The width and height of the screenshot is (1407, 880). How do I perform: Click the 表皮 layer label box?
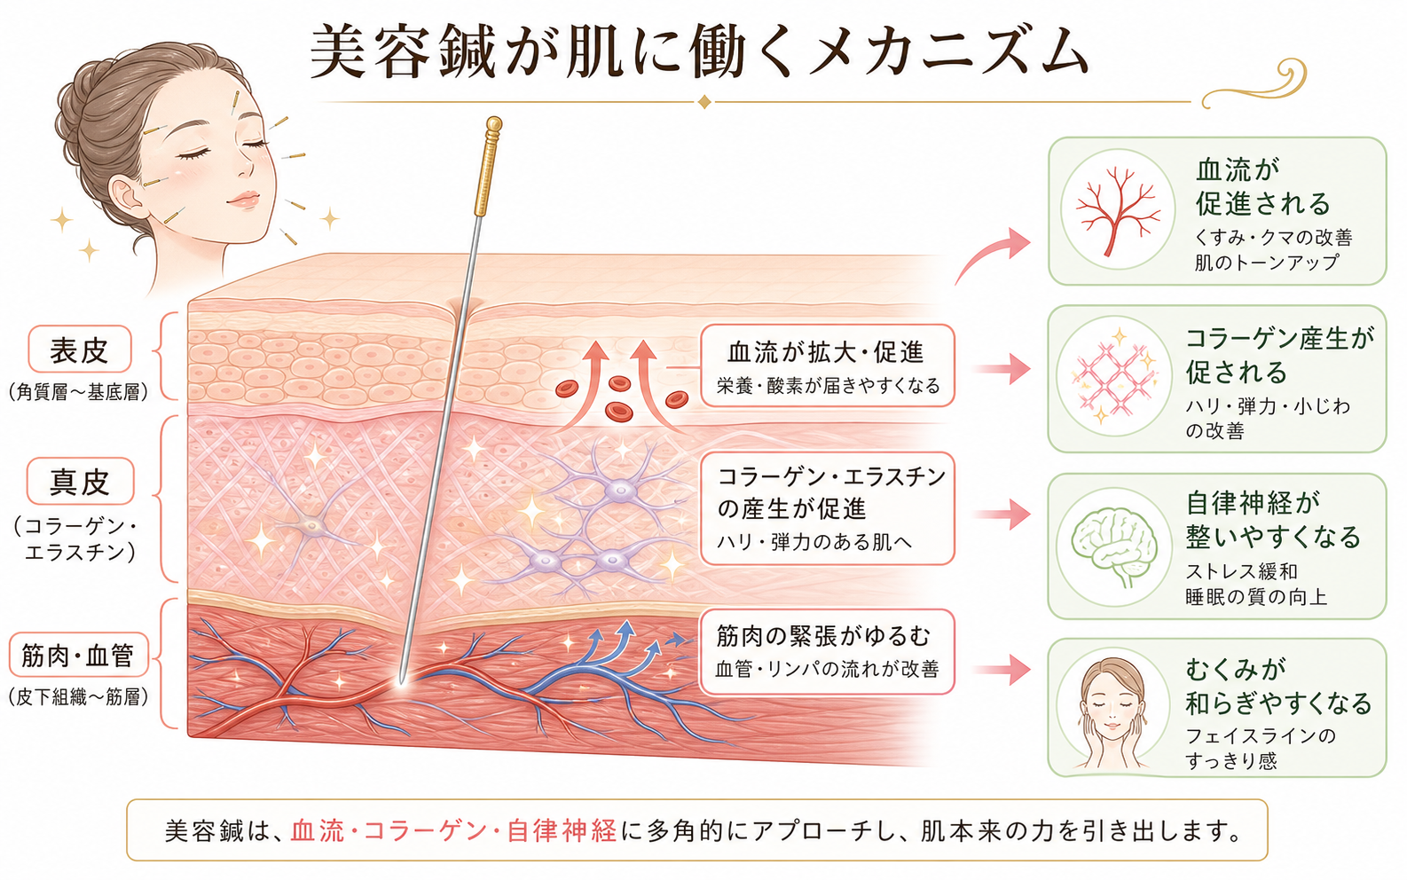80,350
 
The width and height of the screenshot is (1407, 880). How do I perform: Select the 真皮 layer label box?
80,482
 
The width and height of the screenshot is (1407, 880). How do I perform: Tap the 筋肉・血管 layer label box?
79,655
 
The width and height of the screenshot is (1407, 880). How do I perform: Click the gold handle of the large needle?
487,166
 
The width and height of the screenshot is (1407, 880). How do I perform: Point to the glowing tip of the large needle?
401,679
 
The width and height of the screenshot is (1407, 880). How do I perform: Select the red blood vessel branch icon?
1118,209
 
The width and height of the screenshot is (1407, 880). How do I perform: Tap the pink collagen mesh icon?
1114,377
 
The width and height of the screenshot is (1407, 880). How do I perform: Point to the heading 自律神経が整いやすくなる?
1272,520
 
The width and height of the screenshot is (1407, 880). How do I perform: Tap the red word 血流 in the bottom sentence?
318,831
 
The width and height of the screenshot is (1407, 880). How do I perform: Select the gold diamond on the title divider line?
704,101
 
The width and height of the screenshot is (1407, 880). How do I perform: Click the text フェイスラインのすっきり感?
1261,748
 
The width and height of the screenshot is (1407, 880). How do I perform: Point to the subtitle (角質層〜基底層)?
79,393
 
